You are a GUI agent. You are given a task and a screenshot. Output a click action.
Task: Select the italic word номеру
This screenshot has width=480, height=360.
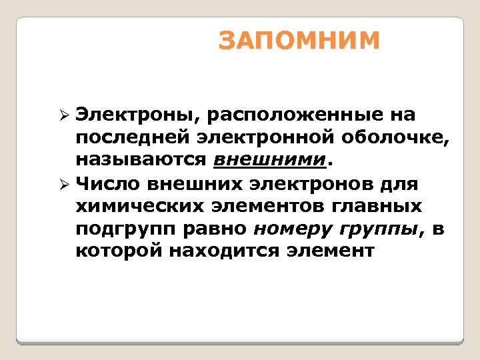(293, 229)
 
